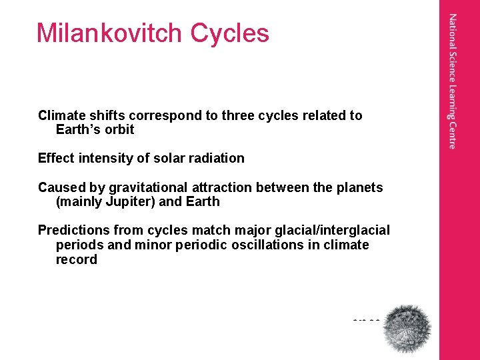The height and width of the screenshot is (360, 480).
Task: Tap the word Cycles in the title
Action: pyautogui.click(x=229, y=33)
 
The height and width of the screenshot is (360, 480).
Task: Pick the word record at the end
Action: pyautogui.click(x=76, y=259)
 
